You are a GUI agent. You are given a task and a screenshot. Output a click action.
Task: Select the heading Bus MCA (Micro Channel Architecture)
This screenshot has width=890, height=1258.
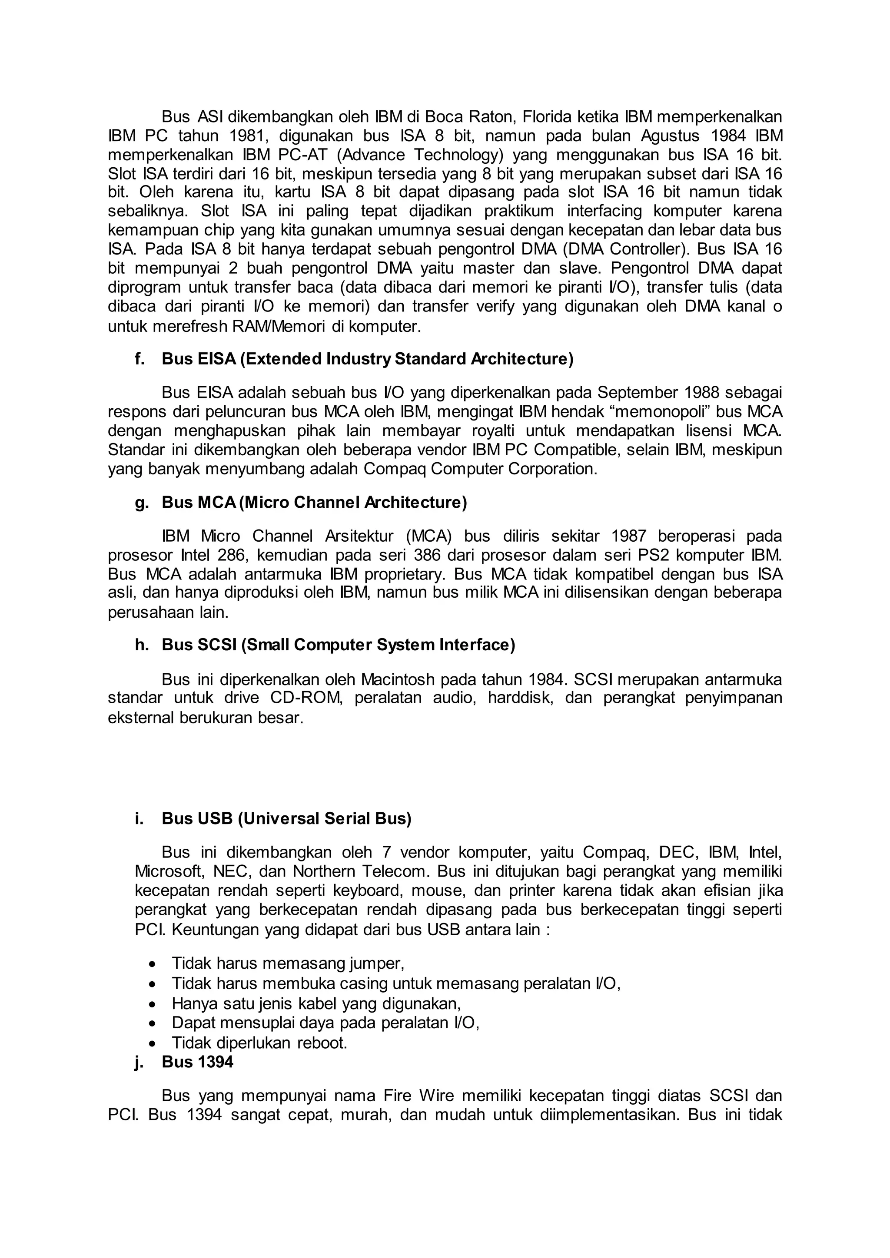[x=314, y=503]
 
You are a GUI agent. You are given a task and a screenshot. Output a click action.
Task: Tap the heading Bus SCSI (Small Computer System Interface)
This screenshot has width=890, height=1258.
[x=338, y=646]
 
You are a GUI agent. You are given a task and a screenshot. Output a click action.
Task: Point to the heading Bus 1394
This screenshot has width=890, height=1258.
[x=197, y=1062]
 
